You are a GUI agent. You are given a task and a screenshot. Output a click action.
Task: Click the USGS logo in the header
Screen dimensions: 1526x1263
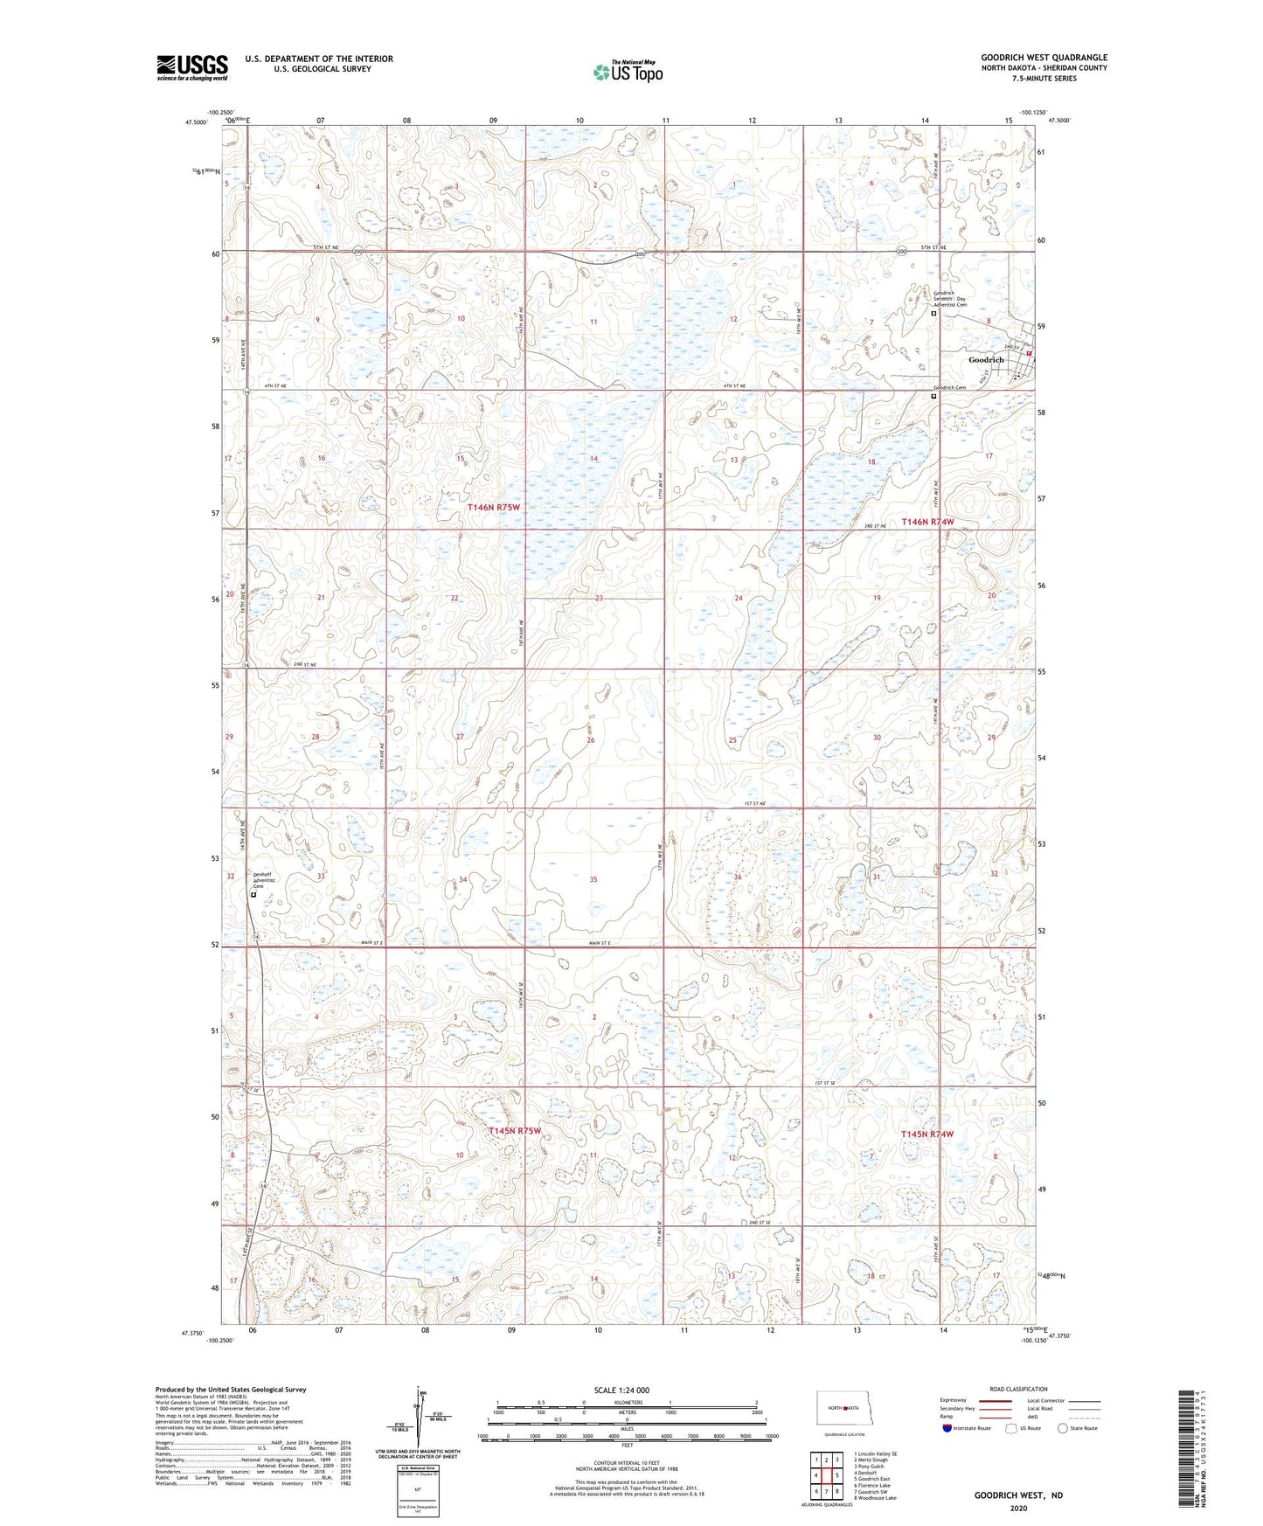[192, 67]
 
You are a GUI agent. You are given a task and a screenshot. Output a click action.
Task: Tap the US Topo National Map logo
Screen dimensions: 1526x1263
[628, 72]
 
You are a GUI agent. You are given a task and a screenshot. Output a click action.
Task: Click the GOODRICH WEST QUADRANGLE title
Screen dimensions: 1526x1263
[1044, 58]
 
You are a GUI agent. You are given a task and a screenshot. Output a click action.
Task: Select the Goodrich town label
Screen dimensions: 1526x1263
[986, 360]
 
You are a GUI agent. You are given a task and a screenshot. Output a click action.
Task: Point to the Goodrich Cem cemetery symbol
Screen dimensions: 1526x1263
[933, 396]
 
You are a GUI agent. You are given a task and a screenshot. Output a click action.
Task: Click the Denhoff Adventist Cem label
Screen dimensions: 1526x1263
[265, 880]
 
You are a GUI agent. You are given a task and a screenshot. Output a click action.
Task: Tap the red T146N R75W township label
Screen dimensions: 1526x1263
[493, 507]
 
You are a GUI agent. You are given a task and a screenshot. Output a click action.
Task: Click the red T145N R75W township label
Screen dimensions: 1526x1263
[515, 1131]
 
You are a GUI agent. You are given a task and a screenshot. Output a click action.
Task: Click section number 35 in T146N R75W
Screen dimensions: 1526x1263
[593, 879]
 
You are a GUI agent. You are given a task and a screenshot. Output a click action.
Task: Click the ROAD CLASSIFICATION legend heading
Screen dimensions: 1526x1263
[1018, 1389]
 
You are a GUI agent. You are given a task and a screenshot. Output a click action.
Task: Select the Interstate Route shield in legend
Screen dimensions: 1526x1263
[948, 1429]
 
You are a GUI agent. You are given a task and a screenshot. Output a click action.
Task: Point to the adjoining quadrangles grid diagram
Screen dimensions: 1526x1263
[826, 1476]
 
